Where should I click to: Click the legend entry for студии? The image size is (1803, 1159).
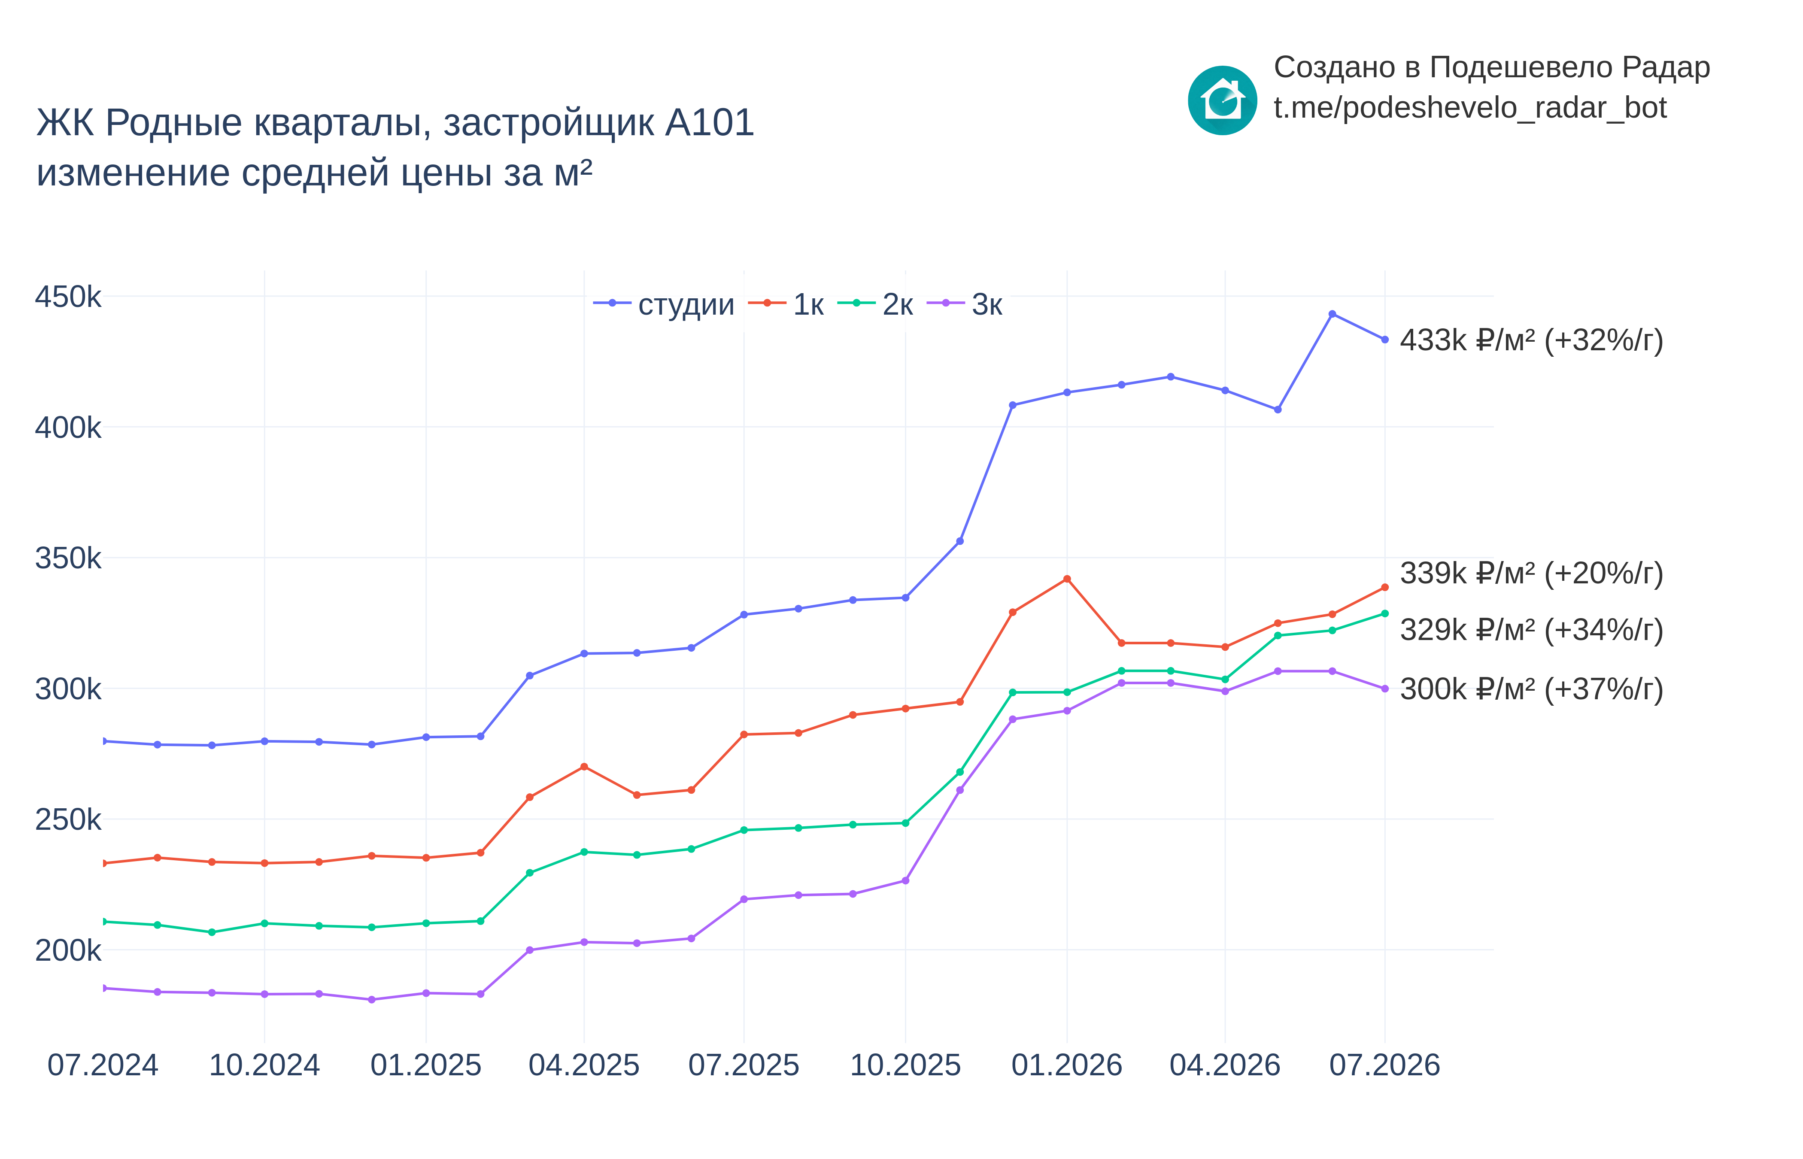pyautogui.click(x=664, y=304)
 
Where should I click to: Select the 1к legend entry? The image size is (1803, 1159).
pyautogui.click(x=786, y=304)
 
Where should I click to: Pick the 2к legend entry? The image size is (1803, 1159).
pyautogui.click(x=875, y=304)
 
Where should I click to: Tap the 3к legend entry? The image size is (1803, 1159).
pyautogui.click(x=965, y=304)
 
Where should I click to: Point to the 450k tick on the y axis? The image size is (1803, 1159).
pyautogui.click(x=68, y=297)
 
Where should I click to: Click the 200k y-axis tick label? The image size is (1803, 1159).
pyautogui.click(x=68, y=950)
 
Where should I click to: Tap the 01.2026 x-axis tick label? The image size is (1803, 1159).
pyautogui.click(x=1066, y=1065)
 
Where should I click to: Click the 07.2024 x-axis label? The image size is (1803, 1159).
pyautogui.click(x=103, y=1065)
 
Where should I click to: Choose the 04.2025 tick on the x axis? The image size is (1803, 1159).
pyautogui.click(x=584, y=1065)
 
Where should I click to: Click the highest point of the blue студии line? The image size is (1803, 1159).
pyautogui.click(x=1332, y=314)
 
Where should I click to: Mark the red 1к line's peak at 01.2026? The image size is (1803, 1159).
pyautogui.click(x=1066, y=579)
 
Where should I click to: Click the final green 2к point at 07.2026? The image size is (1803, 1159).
pyautogui.click(x=1384, y=613)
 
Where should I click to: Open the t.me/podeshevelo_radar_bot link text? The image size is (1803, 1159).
pyautogui.click(x=1469, y=108)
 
